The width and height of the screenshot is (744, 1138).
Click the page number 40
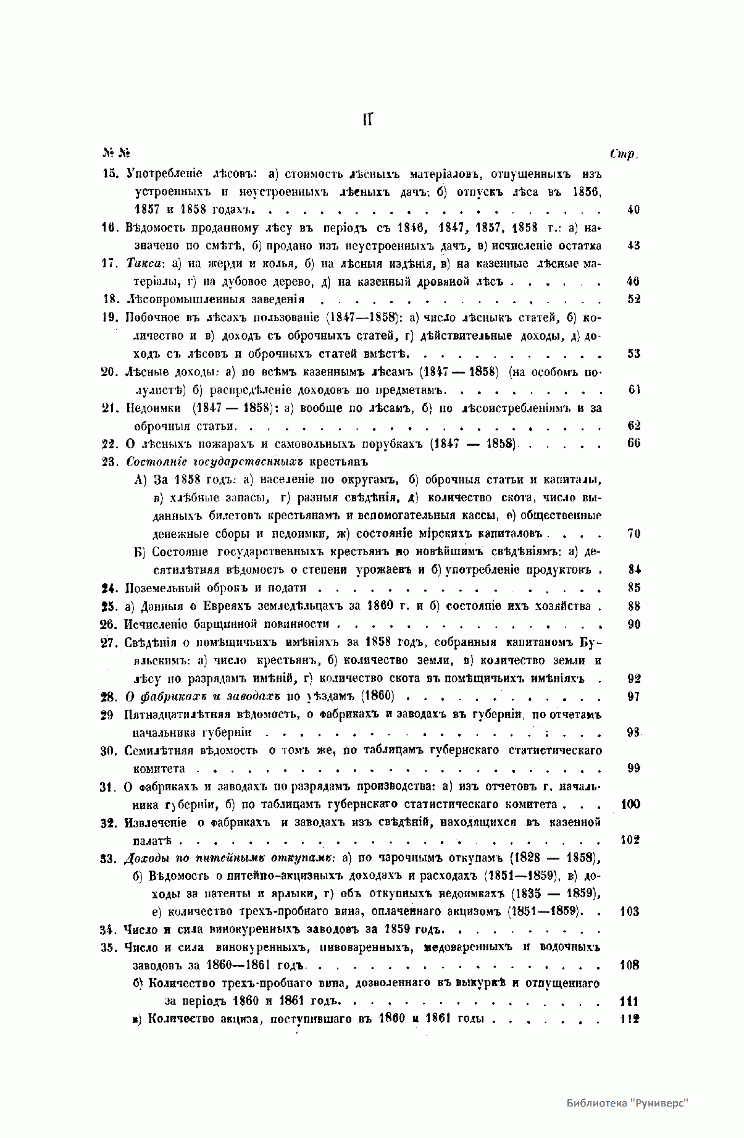point(633,209)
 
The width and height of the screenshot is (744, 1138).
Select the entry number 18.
point(109,299)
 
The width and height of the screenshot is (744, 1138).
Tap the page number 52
point(633,299)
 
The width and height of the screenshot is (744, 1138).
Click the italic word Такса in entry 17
point(144,264)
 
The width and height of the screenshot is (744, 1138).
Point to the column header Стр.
point(622,154)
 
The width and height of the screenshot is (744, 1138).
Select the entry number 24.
point(109,588)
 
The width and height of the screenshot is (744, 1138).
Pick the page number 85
point(633,588)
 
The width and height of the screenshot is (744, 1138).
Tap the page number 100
point(629,804)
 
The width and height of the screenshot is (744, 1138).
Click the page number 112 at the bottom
point(629,1019)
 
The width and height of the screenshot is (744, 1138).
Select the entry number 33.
point(109,858)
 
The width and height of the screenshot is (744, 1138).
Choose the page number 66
point(633,443)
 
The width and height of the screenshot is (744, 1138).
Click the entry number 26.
point(109,624)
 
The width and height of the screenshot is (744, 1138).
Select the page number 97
point(633,697)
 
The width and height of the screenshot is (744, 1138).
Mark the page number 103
point(629,911)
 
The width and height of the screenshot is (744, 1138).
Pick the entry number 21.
point(109,408)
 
